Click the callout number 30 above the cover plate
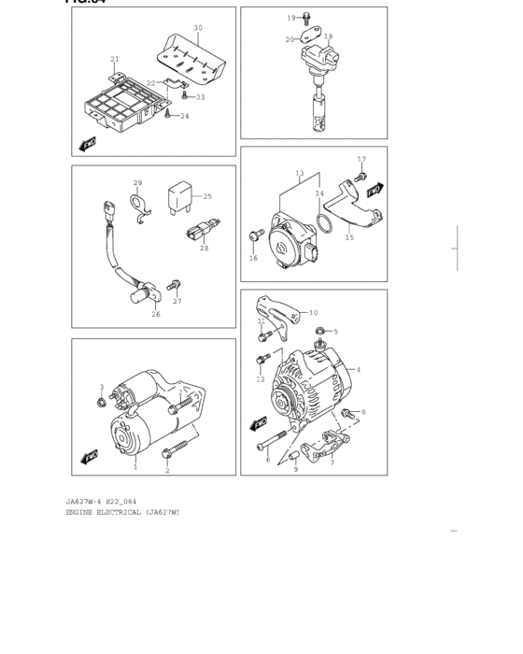[198, 28]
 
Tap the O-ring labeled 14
[322, 226]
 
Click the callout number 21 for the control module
[114, 60]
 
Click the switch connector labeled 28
[198, 235]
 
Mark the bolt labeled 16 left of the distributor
[254, 236]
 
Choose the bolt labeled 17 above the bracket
[361, 177]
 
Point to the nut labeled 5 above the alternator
[319, 331]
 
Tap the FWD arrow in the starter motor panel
[90, 457]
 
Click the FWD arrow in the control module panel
[89, 143]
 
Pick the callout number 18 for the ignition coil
[328, 37]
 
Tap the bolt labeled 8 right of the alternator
[349, 413]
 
